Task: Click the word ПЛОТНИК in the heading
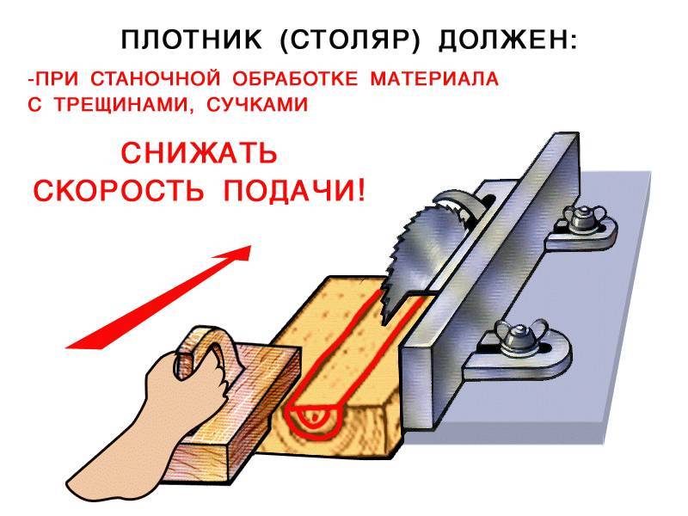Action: [191, 40]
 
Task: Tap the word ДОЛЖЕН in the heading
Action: [502, 40]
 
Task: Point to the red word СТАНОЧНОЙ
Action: [156, 79]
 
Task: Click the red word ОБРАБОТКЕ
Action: [295, 79]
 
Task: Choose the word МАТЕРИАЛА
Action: [434, 79]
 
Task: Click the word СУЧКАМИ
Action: [257, 105]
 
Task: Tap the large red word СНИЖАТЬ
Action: [200, 153]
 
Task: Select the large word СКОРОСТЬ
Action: [119, 190]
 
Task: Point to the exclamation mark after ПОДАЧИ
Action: [360, 190]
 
